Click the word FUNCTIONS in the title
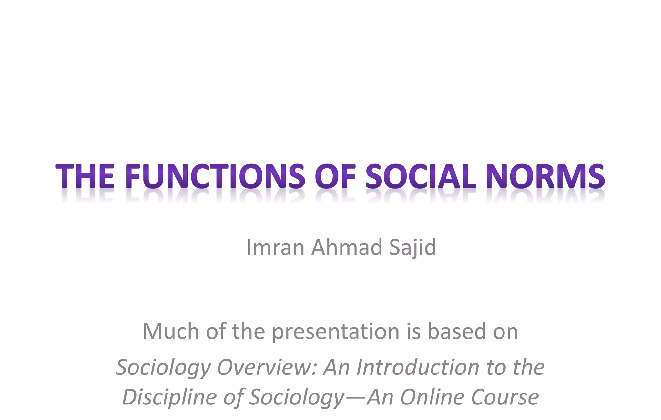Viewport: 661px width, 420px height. (214, 176)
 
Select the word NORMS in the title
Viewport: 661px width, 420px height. (545, 176)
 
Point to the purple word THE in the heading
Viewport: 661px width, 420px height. (85, 176)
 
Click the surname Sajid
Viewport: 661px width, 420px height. (413, 247)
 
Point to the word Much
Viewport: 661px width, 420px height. (171, 331)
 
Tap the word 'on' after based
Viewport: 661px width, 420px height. (505, 332)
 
